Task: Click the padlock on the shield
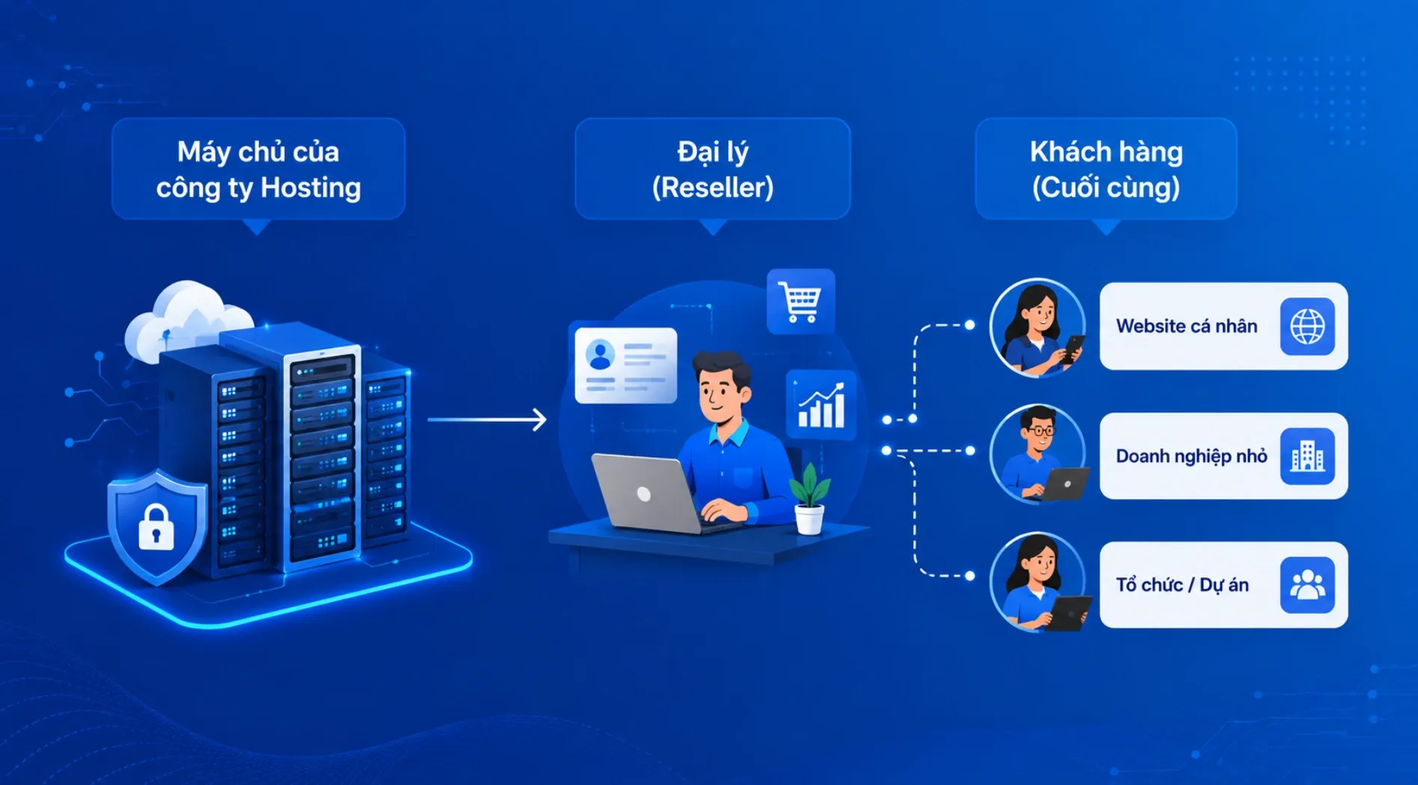point(156,527)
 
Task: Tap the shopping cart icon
point(800,301)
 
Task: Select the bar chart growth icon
point(821,404)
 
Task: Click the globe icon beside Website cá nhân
point(1307,326)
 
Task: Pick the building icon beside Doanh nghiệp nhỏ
point(1307,456)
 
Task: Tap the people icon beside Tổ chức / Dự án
point(1307,585)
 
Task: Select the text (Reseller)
point(713,188)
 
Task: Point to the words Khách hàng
point(1106,152)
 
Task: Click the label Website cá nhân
point(1187,326)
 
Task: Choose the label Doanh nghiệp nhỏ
point(1191,456)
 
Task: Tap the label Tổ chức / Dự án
point(1182,585)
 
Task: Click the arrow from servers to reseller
point(487,419)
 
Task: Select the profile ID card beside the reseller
point(626,366)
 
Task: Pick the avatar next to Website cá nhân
point(1038,327)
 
